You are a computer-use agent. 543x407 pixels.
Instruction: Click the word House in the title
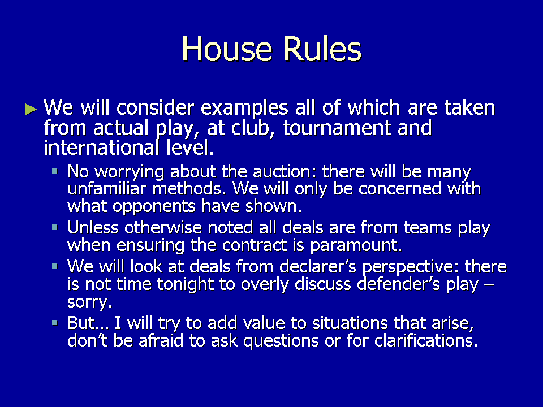pyautogui.click(x=227, y=49)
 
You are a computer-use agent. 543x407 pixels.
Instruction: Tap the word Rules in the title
pyautogui.click(x=322, y=49)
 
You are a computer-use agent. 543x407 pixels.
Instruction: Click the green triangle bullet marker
pyautogui.click(x=31, y=109)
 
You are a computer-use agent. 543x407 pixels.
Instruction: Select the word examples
pyautogui.click(x=244, y=109)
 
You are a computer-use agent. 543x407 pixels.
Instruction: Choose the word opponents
pyautogui.click(x=154, y=207)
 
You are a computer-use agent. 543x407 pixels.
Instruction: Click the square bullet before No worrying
pyautogui.click(x=54, y=171)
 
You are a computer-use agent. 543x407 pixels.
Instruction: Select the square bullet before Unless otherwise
pyautogui.click(x=54, y=227)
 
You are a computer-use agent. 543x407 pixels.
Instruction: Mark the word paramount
pyautogui.click(x=356, y=246)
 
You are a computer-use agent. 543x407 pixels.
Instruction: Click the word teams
pyautogui.click(x=428, y=228)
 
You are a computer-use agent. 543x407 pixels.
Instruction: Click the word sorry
pyautogui.click(x=90, y=302)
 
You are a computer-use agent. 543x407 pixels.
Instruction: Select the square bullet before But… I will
pyautogui.click(x=54, y=323)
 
